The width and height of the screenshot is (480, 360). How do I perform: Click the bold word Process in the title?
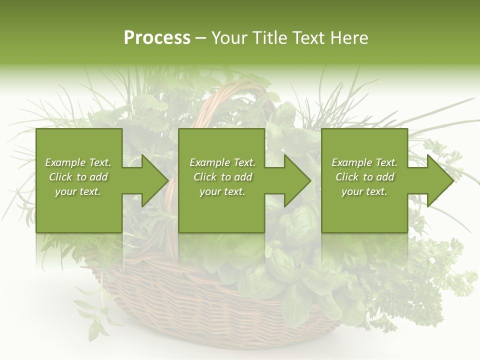coord(157,38)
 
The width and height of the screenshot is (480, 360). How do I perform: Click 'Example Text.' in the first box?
coord(78,162)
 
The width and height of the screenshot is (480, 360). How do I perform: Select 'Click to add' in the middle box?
coord(222,177)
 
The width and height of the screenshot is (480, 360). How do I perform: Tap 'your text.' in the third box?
coord(364,191)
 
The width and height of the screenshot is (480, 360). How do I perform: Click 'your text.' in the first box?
coord(78,191)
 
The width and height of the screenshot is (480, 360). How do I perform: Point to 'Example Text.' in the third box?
coord(364,162)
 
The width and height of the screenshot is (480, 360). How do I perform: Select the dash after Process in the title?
coord(201,38)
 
